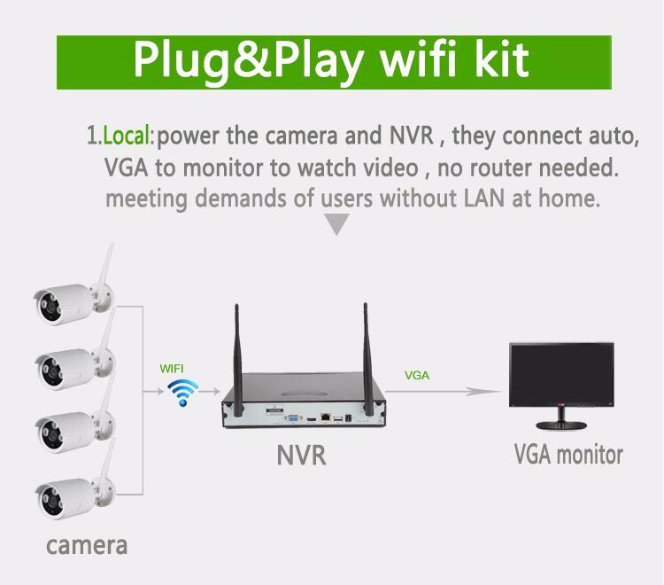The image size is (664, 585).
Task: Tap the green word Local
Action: pos(127,136)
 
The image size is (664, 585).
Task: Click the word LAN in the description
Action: pos(484,198)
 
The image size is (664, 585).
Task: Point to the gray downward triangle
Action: pos(336,222)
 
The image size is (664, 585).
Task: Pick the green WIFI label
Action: pos(172,369)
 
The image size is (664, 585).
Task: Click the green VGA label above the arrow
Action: pos(417,375)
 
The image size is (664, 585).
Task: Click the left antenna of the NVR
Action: pos(238,361)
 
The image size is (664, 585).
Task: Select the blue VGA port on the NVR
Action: pos(293,419)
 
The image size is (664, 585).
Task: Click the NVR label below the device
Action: pos(301,455)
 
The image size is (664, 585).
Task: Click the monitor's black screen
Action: pos(561,373)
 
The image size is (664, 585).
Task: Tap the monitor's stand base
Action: pos(561,425)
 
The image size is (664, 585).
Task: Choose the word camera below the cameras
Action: pos(87,546)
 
